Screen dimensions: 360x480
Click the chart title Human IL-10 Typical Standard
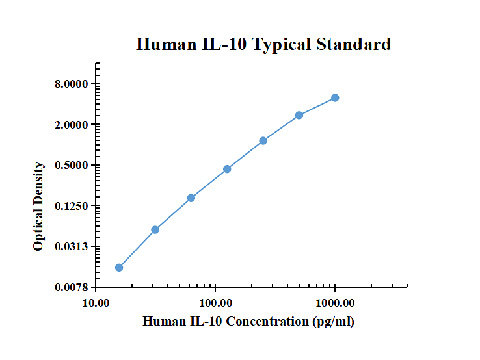[x=263, y=44]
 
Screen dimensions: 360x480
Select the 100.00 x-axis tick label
[x=215, y=303]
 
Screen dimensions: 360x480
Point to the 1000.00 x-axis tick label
[x=335, y=303]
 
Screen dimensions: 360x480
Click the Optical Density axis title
[x=39, y=206]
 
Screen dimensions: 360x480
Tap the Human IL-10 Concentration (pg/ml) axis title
[x=248, y=322]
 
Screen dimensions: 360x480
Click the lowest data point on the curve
[x=119, y=267]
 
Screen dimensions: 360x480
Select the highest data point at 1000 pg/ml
[x=335, y=97]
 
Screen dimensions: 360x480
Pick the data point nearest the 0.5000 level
[x=227, y=169]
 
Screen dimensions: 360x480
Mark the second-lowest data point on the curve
[x=155, y=229]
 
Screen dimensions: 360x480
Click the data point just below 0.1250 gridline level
[x=191, y=198]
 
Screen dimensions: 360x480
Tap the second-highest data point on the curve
[x=299, y=115]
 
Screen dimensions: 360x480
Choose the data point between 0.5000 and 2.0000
[x=263, y=140]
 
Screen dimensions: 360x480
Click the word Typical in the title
[x=281, y=44]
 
